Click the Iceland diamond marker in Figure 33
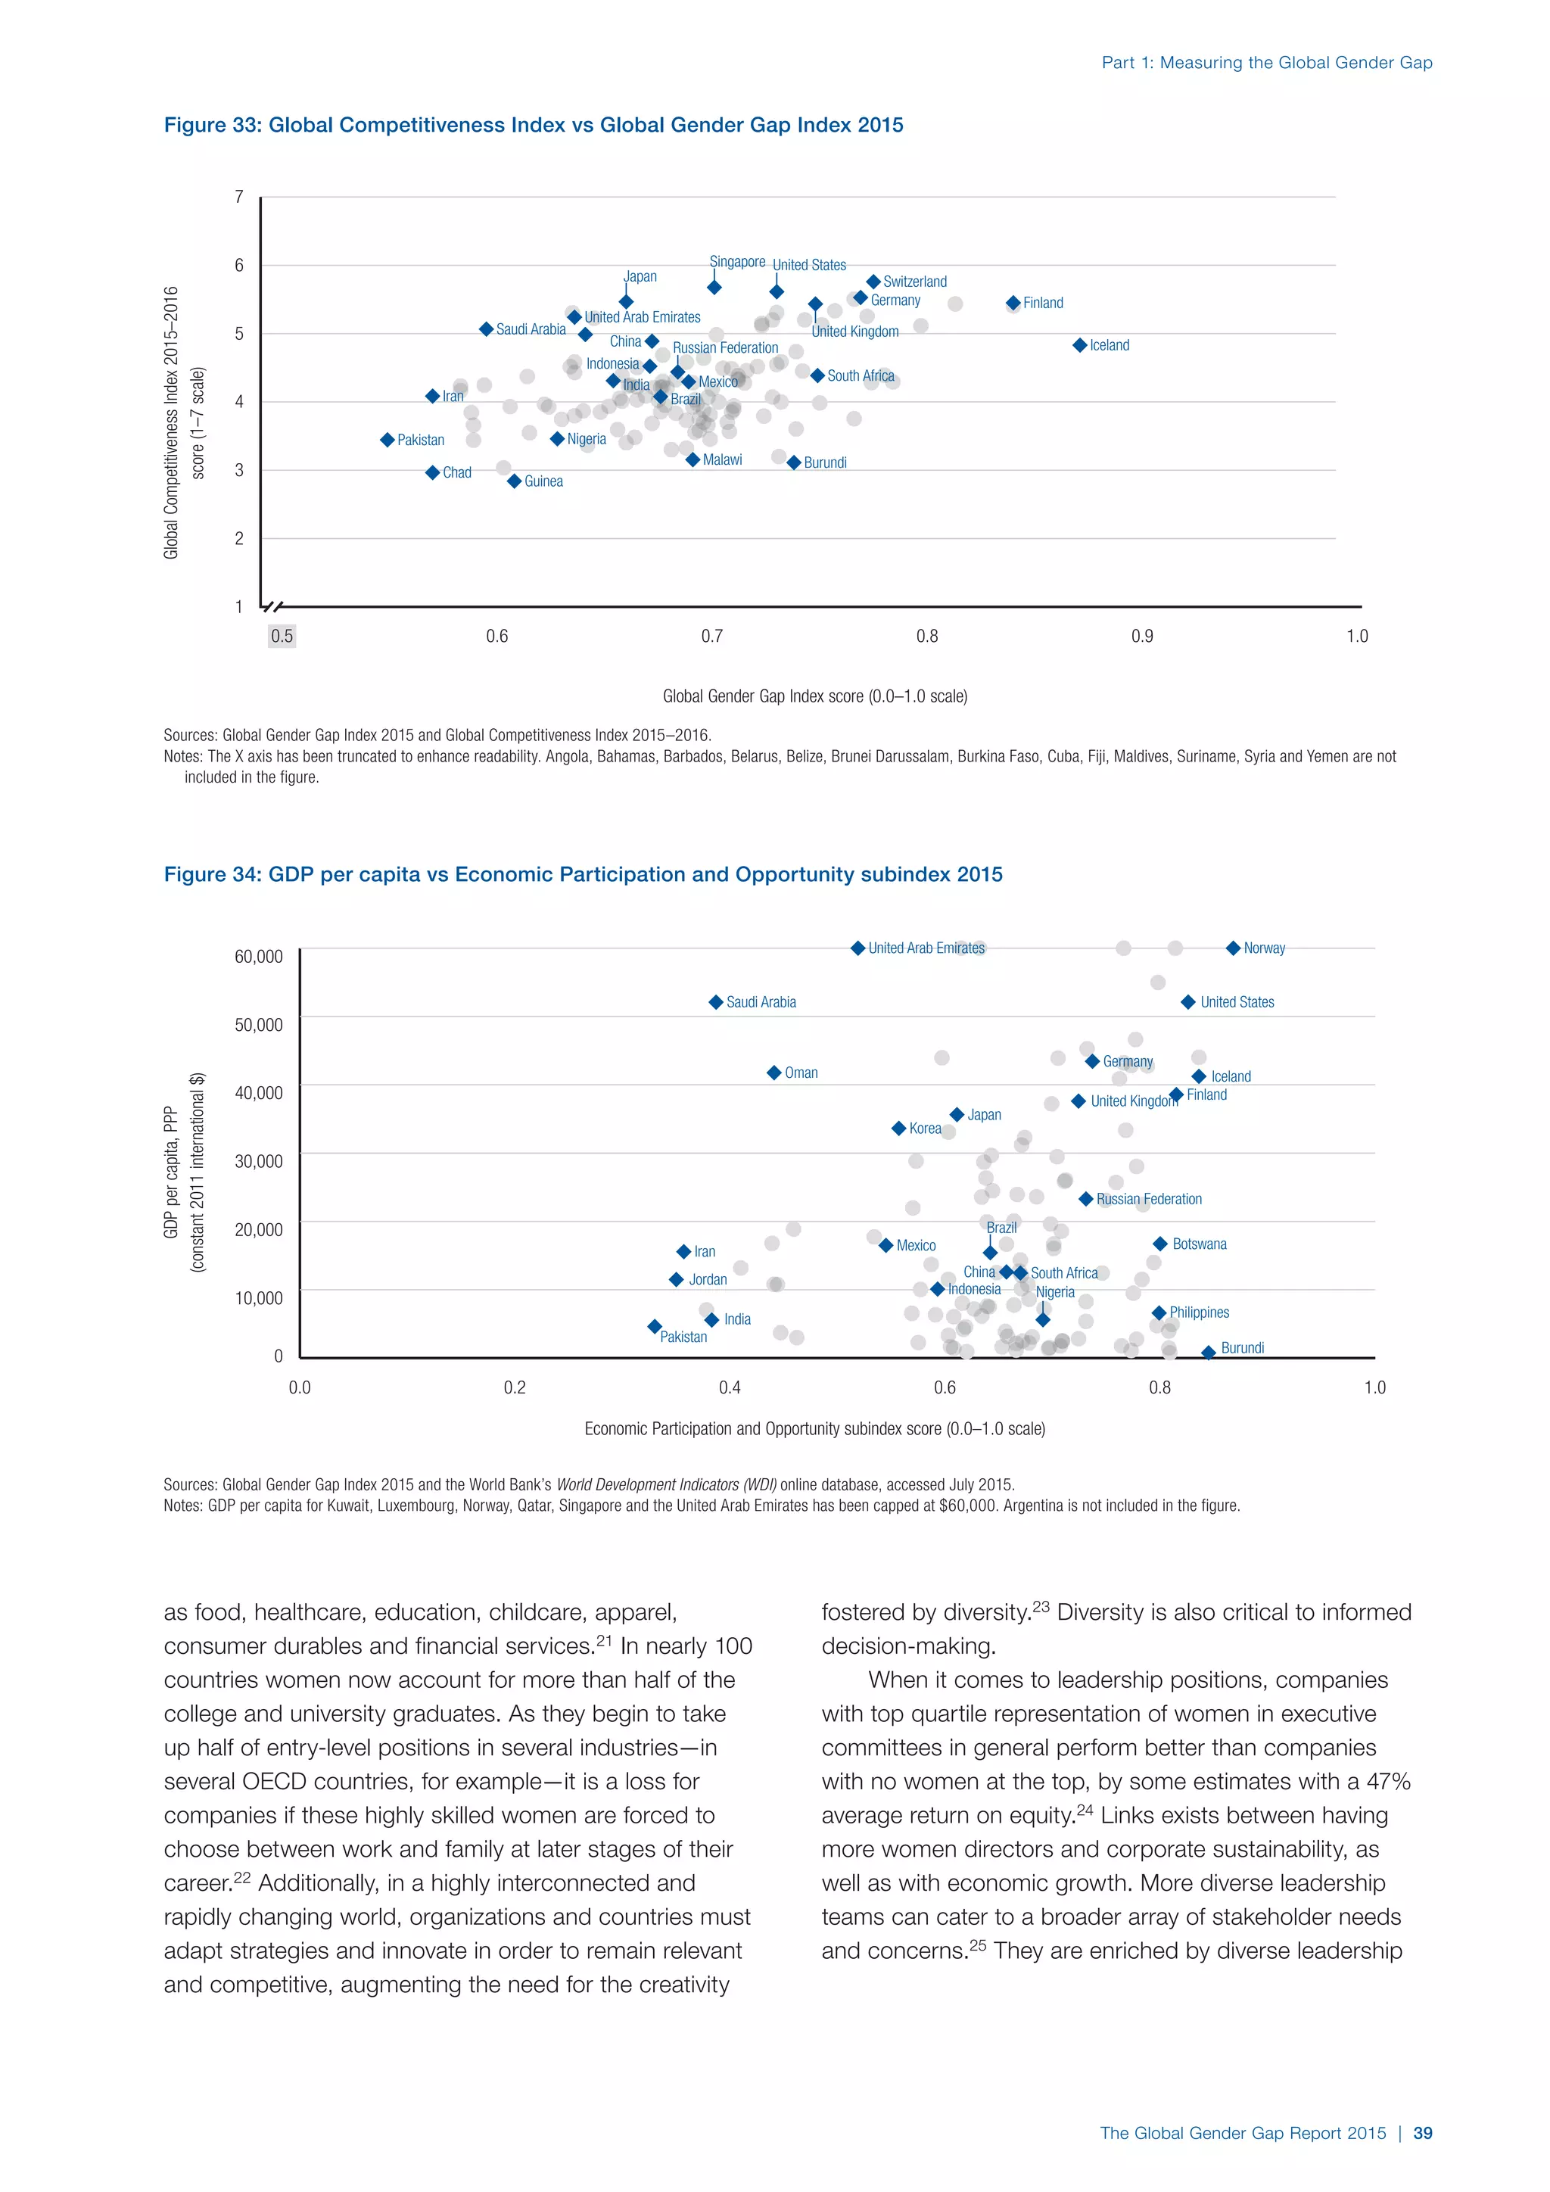click(1079, 346)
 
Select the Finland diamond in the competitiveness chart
click(1013, 303)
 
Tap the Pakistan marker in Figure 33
click(387, 440)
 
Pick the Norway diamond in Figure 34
click(1233, 948)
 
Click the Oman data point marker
click(774, 1073)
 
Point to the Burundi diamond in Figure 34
click(1209, 1353)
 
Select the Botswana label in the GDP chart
click(1199, 1244)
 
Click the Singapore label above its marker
click(737, 262)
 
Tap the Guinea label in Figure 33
click(543, 481)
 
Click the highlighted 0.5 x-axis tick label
click(282, 636)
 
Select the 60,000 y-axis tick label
click(259, 957)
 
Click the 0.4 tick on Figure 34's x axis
click(729, 1387)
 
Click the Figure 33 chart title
click(534, 125)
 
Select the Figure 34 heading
click(584, 874)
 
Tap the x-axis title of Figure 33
click(815, 696)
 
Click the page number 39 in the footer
click(1422, 2133)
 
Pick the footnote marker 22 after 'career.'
click(241, 1877)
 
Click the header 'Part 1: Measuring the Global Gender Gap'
click(1266, 63)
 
